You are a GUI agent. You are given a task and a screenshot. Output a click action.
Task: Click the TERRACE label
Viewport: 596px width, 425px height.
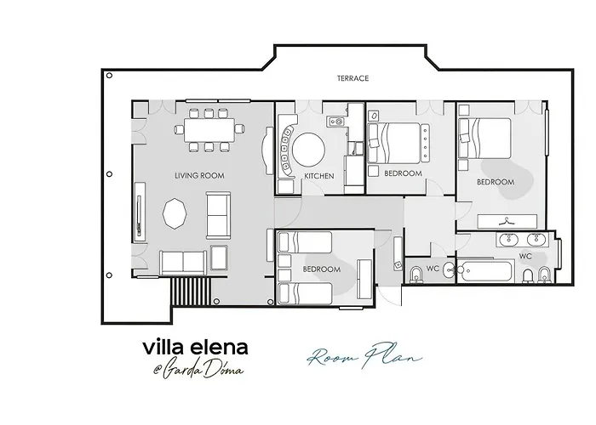click(352, 78)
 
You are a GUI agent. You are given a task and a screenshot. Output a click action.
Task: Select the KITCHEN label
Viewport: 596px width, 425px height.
click(319, 177)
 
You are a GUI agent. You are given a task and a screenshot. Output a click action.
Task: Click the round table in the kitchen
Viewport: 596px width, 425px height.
click(309, 150)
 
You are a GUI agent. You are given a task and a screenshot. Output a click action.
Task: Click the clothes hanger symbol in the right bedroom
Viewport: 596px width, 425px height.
click(507, 219)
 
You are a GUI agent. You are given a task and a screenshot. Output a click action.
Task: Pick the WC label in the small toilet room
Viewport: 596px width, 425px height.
click(433, 269)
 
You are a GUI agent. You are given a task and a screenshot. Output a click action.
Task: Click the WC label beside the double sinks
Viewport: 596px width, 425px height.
click(525, 255)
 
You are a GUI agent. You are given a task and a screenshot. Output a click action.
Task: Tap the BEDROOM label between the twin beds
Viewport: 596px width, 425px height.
click(321, 269)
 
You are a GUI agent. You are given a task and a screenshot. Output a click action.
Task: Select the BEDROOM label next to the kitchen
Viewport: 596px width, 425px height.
click(404, 173)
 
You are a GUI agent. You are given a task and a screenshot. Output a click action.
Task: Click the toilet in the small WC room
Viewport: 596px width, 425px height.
click(415, 274)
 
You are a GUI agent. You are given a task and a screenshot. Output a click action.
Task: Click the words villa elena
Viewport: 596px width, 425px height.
click(195, 348)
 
